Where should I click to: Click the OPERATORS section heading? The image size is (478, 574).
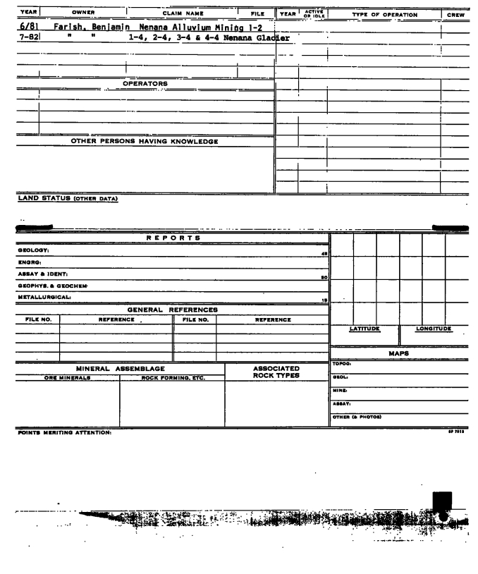[x=145, y=83]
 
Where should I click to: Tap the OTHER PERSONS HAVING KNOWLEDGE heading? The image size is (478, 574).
[x=145, y=141]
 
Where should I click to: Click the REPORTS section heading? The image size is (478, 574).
[x=173, y=238]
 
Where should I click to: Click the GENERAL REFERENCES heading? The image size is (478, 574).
[x=172, y=310]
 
